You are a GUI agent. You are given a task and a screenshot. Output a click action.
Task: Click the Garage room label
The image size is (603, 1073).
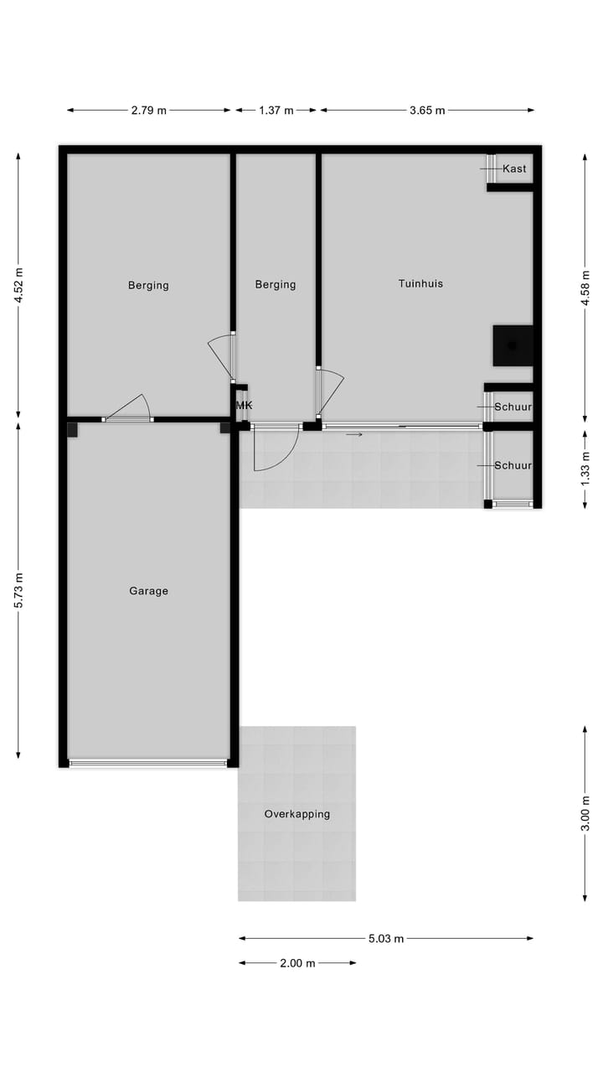tap(148, 591)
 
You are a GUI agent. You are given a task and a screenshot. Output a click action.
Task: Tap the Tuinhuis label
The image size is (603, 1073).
tap(420, 284)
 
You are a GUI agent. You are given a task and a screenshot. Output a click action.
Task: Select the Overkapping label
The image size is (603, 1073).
tap(296, 814)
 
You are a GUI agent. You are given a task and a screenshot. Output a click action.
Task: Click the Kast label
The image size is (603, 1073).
tap(514, 168)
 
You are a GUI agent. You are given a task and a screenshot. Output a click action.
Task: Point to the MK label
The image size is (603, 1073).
tap(244, 406)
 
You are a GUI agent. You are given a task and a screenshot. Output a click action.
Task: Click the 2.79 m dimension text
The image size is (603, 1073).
tap(149, 110)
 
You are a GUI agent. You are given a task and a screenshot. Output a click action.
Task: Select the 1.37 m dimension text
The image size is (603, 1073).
tap(276, 110)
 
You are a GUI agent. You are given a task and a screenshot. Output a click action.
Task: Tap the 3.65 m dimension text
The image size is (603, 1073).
tap(427, 110)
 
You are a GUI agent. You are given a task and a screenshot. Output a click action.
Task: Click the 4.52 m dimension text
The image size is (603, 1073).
tap(19, 283)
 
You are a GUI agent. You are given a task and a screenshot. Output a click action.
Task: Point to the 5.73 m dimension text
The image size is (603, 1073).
tap(19, 590)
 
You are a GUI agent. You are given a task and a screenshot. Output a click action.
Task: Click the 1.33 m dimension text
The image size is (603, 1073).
tap(585, 468)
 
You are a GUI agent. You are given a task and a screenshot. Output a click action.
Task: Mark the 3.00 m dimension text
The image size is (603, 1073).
tap(585, 813)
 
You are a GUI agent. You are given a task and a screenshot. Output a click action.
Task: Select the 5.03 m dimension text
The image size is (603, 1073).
tap(386, 939)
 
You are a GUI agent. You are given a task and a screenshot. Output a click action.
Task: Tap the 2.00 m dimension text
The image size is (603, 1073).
tap(297, 963)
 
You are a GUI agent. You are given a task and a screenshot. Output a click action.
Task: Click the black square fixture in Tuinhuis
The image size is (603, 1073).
tap(513, 345)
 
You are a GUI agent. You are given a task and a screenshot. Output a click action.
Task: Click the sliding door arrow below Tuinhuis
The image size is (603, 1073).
tap(354, 434)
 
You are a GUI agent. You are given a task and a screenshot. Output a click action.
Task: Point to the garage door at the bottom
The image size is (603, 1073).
tap(148, 763)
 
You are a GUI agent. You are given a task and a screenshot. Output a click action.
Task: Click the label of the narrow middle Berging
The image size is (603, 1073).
tap(276, 285)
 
